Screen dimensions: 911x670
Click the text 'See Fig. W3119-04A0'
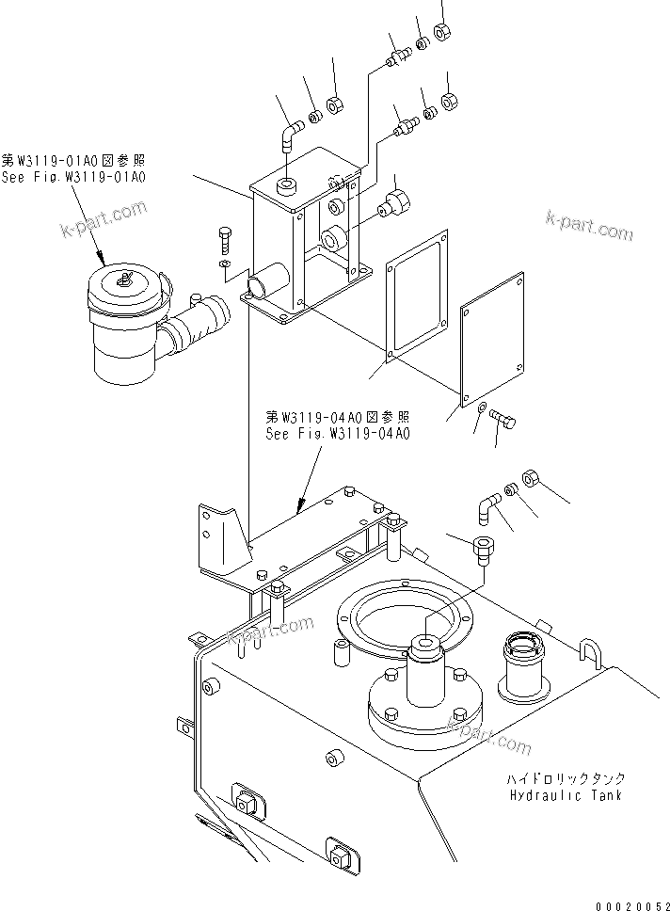click(x=338, y=434)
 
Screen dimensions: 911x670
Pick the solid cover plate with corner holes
click(x=491, y=336)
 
